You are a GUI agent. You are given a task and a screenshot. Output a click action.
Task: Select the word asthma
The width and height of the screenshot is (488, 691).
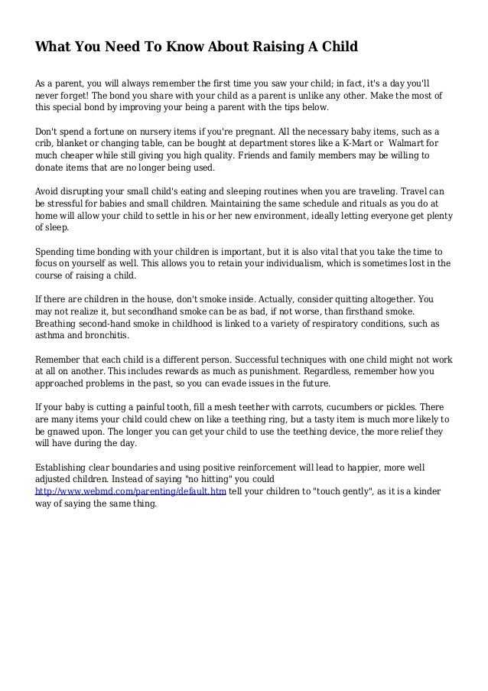[x=50, y=336]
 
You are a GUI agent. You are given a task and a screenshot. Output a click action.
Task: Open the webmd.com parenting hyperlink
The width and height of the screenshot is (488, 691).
[x=131, y=493]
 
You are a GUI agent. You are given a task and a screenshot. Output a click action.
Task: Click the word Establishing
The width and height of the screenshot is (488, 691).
[x=67, y=468]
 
